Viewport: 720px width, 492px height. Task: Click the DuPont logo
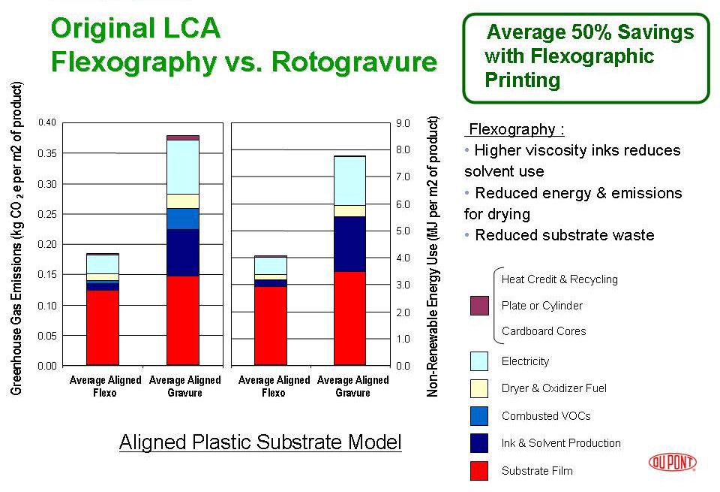click(x=672, y=462)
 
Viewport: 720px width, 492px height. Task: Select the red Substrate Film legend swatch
click(x=479, y=470)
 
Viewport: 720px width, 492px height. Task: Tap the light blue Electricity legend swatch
click(x=479, y=361)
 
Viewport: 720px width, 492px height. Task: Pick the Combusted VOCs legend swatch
click(x=479, y=415)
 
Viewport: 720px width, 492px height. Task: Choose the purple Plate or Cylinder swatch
click(x=479, y=306)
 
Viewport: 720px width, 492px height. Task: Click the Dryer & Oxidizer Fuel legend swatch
click(x=479, y=388)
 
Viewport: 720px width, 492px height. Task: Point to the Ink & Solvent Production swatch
click(x=479, y=443)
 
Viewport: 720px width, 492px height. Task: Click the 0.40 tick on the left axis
click(x=46, y=122)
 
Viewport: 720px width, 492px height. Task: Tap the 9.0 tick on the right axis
click(x=402, y=122)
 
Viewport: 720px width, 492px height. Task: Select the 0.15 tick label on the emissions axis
click(x=46, y=275)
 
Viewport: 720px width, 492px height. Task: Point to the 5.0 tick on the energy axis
click(x=402, y=231)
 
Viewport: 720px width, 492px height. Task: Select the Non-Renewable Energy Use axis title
click(x=433, y=256)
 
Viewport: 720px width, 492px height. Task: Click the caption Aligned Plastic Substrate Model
click(x=260, y=442)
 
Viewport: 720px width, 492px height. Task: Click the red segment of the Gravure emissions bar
click(x=183, y=320)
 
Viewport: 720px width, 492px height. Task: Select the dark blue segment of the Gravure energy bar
click(x=349, y=244)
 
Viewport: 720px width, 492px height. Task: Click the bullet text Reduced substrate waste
click(x=564, y=235)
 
